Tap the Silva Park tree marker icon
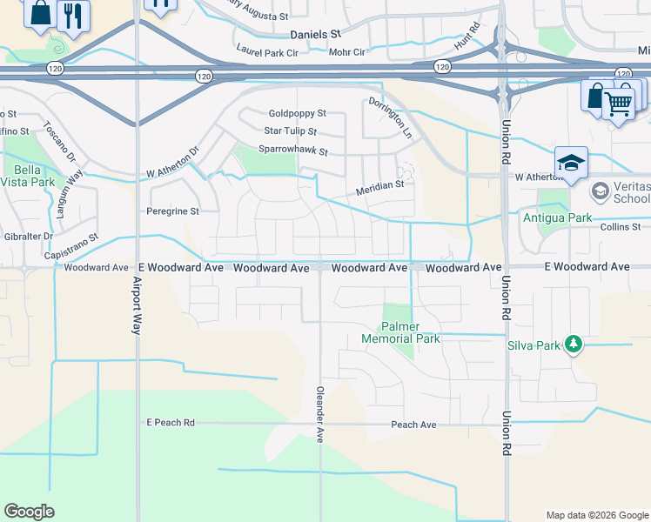pos(573,345)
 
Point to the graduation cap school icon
pos(571,163)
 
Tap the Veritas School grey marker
pos(600,191)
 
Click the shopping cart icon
pos(618,104)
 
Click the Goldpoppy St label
pos(297,113)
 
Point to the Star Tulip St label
pos(291,131)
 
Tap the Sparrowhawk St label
pos(292,151)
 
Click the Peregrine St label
pos(171,211)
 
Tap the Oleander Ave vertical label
pos(320,415)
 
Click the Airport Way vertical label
pos(137,304)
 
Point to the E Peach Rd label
pos(171,422)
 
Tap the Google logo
pos(30,512)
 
